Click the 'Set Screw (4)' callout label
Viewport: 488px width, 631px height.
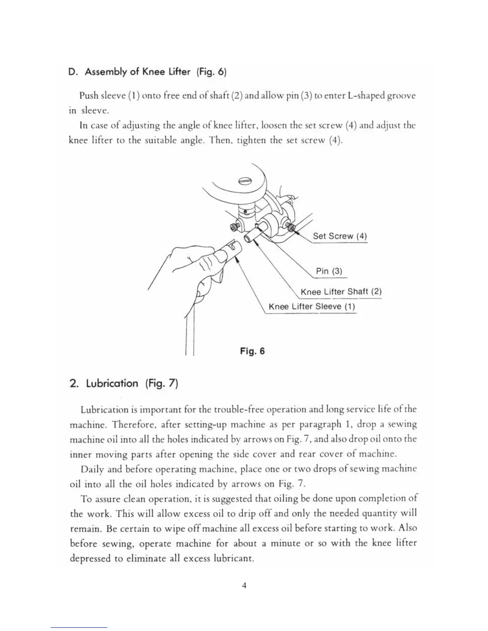pyautogui.click(x=339, y=236)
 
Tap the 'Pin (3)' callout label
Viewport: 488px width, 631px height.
pyautogui.click(x=329, y=271)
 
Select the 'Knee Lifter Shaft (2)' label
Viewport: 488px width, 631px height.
pyautogui.click(x=341, y=292)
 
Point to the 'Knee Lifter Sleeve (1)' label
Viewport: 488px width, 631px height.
pyautogui.click(x=311, y=306)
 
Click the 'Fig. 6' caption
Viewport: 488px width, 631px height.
pyautogui.click(x=252, y=351)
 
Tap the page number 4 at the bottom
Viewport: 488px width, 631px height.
pyautogui.click(x=244, y=585)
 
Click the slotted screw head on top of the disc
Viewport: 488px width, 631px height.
pyautogui.click(x=244, y=181)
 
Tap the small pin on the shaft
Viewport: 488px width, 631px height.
pyautogui.click(x=258, y=226)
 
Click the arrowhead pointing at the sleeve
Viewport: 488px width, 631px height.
pyautogui.click(x=238, y=259)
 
